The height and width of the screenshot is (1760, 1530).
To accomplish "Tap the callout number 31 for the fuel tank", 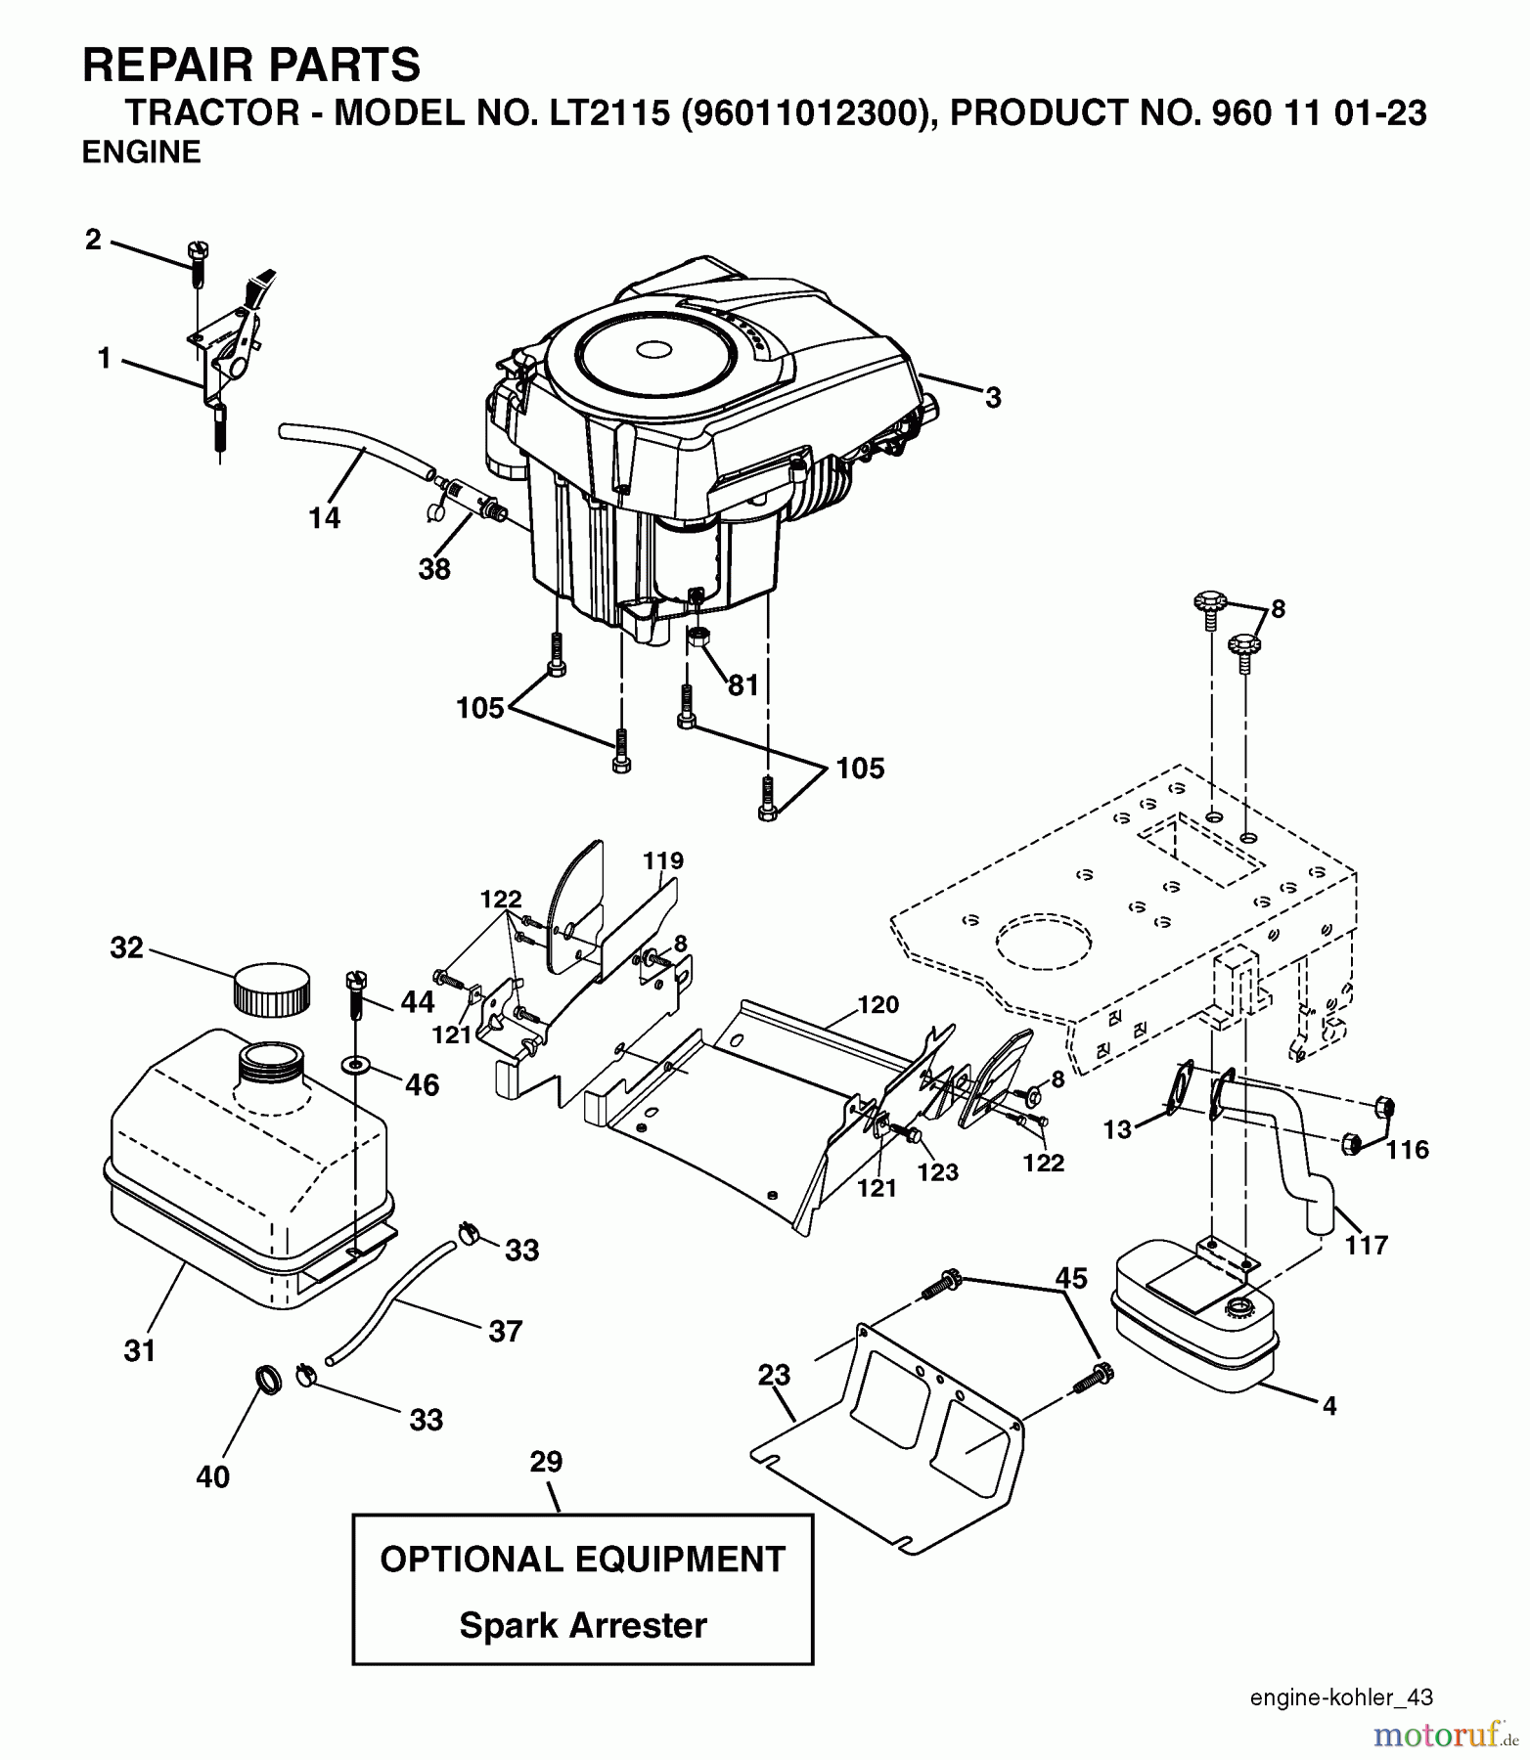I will (140, 1350).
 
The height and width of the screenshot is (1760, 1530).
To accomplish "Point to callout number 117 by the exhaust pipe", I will (1367, 1245).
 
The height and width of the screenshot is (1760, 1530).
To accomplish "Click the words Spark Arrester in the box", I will (583, 1625).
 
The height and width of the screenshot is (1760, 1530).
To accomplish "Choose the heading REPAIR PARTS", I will (251, 66).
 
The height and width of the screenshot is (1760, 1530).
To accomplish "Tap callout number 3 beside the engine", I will (993, 398).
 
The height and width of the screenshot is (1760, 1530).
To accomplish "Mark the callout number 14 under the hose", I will (325, 517).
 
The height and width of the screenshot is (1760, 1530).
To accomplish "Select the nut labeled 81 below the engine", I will (698, 638).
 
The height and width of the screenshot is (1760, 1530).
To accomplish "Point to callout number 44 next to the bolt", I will (417, 1001).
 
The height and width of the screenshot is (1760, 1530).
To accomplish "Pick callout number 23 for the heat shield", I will (773, 1375).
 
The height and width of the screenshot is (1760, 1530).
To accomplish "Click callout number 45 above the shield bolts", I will (1071, 1278).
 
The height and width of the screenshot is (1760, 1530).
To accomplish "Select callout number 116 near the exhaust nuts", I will (1407, 1150).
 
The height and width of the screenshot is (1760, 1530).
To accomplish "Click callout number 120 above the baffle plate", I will (877, 1004).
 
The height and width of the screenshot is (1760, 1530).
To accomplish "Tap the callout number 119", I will (663, 860).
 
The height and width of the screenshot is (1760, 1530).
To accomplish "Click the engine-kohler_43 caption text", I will (1341, 1697).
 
